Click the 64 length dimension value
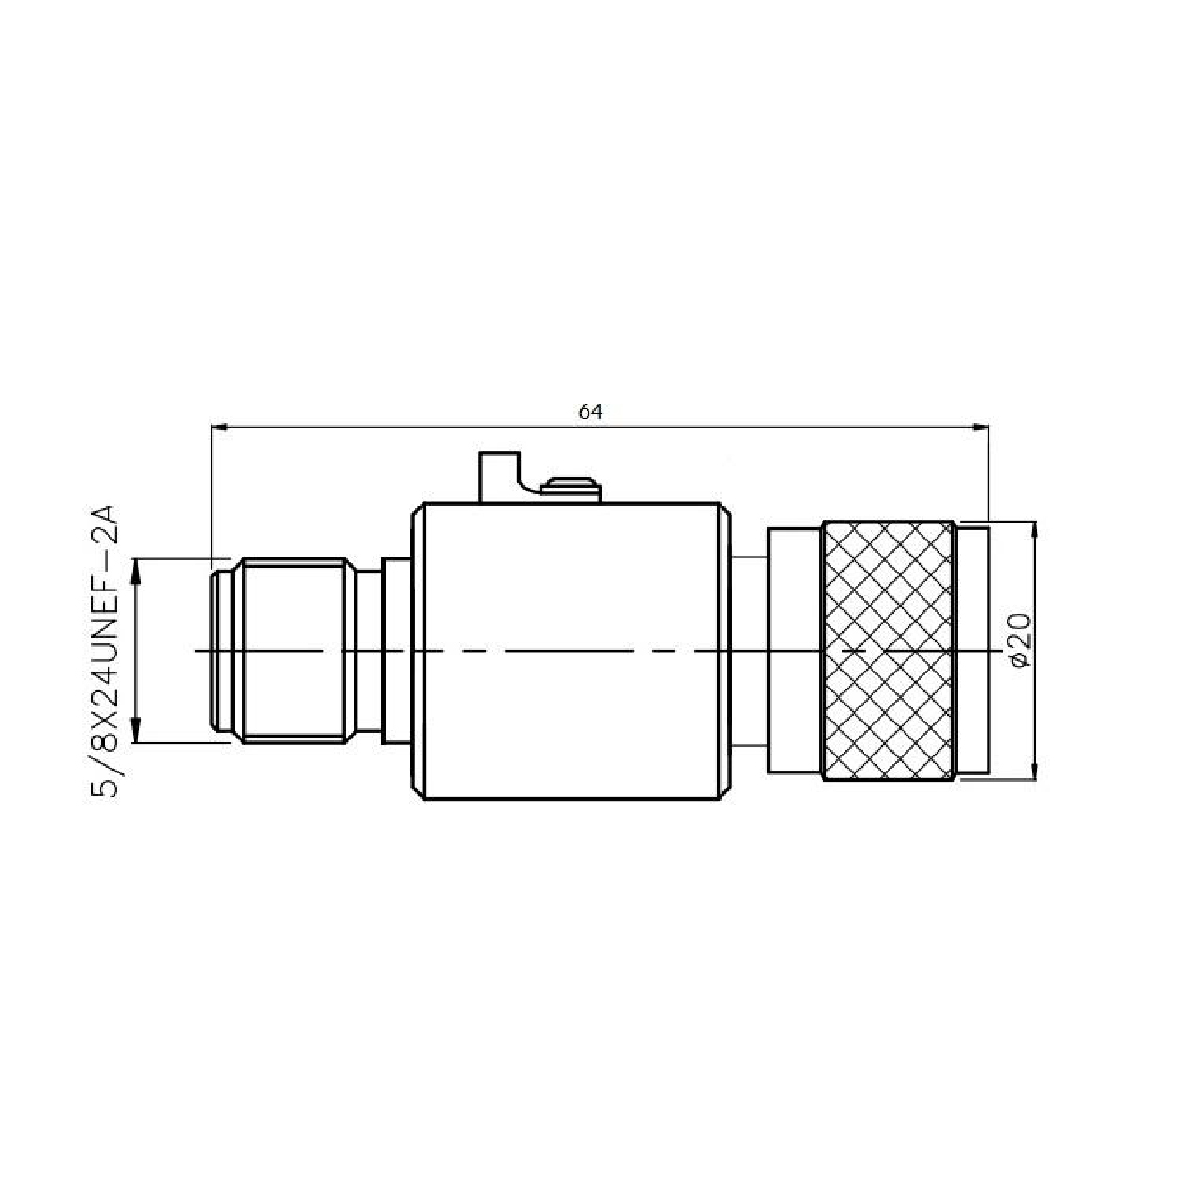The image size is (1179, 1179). (x=590, y=412)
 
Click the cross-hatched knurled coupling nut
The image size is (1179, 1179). (x=888, y=651)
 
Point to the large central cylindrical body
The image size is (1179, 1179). (x=572, y=651)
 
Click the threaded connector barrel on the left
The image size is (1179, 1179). (x=293, y=651)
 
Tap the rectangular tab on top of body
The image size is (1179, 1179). (x=499, y=477)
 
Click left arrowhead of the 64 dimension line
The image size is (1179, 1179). (x=220, y=427)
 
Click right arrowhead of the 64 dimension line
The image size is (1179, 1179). (x=981, y=427)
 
